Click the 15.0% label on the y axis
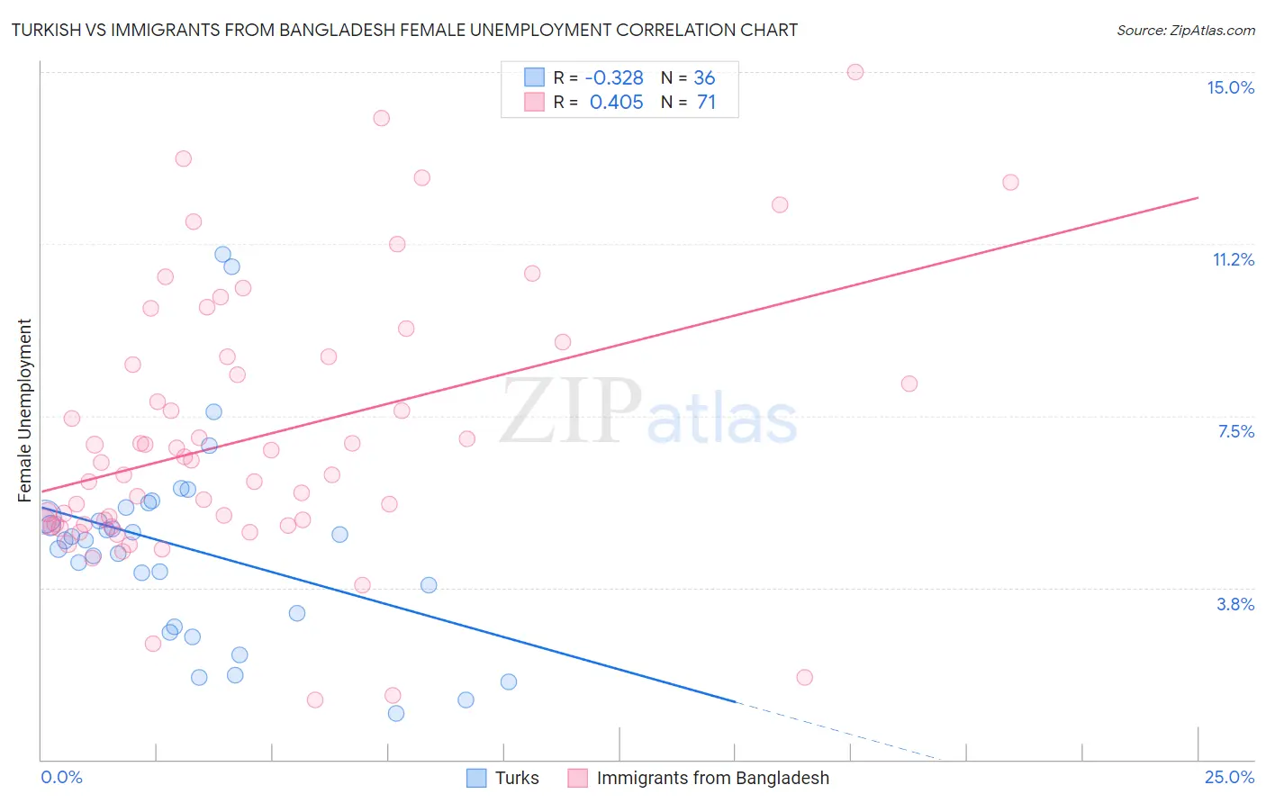click(x=1230, y=87)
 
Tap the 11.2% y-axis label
click(x=1233, y=259)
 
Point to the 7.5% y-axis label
click(x=1235, y=431)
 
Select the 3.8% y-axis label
click(x=1235, y=604)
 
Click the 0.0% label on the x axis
click(x=61, y=777)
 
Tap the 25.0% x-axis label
click(x=1229, y=777)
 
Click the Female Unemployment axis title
click(x=24, y=411)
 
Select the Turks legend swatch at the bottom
click(x=476, y=778)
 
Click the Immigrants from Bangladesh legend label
click(x=712, y=778)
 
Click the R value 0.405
click(x=616, y=103)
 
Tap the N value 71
click(x=706, y=103)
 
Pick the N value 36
click(x=704, y=78)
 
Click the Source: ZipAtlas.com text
click(x=1185, y=31)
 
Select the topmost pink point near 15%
click(x=855, y=72)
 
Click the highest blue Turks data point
click(x=222, y=255)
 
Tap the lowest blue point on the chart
click(x=396, y=714)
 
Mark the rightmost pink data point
click(x=1010, y=183)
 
